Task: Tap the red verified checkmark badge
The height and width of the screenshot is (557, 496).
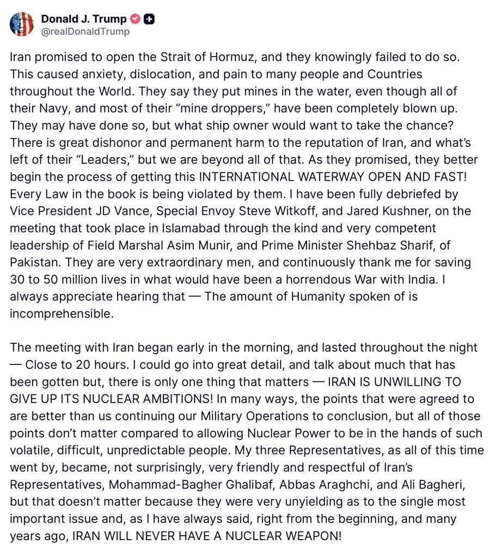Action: point(135,19)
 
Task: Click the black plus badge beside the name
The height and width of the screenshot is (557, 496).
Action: point(150,19)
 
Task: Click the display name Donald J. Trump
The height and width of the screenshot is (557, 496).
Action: point(84,19)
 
